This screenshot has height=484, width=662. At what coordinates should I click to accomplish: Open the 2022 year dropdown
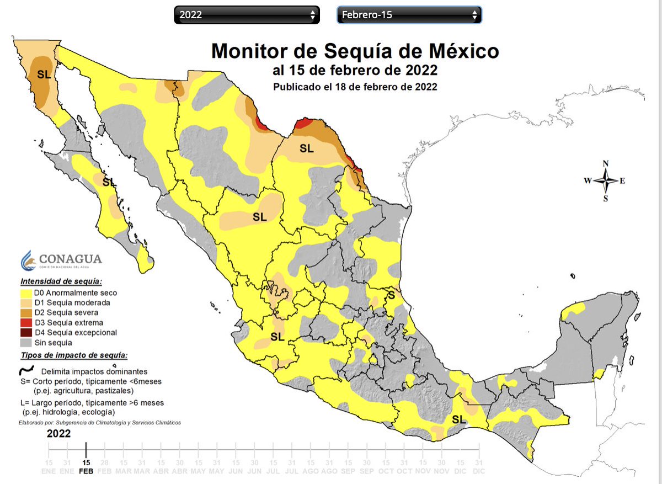247,15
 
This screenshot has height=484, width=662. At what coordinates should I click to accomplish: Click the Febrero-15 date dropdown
409,15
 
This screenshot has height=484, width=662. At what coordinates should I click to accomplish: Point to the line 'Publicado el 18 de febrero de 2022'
355,87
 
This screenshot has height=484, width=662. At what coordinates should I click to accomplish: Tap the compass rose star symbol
605,180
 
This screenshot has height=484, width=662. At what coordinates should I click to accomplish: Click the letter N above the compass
605,164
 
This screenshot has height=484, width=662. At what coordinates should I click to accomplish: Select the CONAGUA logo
61,260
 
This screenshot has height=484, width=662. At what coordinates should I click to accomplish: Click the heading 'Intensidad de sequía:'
61,281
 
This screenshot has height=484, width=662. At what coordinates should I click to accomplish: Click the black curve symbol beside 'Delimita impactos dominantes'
28,370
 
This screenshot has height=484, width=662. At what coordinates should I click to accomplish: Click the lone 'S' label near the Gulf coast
391,295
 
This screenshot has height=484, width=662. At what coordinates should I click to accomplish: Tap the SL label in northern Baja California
44,73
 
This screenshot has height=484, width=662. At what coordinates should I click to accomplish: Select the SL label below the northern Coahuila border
306,148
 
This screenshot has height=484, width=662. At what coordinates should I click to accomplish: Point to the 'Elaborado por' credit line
100,422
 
